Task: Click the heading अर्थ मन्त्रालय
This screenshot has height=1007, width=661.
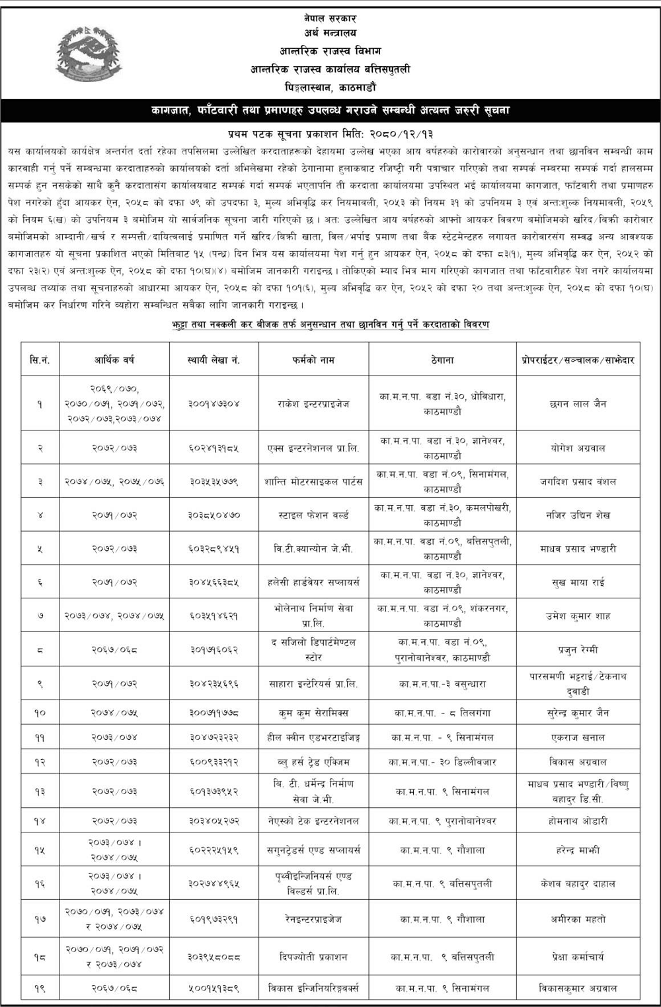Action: click(x=330, y=32)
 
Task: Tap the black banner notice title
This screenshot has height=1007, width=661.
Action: click(x=330, y=110)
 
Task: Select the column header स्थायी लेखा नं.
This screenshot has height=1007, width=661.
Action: click(x=214, y=360)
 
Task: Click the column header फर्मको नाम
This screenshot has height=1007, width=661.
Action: click(x=313, y=360)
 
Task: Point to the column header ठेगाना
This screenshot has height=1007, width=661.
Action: click(x=441, y=360)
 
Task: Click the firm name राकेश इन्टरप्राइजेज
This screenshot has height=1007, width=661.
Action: click(x=313, y=403)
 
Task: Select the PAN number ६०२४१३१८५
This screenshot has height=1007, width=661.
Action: click(x=214, y=448)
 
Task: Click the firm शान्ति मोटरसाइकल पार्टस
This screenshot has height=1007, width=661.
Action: click(x=313, y=481)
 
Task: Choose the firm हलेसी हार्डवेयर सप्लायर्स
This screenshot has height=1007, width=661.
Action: click(x=313, y=583)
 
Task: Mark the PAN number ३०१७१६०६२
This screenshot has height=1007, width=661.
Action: click(x=214, y=649)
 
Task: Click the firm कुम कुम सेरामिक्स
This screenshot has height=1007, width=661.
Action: click(x=313, y=713)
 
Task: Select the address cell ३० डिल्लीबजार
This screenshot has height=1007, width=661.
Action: click(x=442, y=762)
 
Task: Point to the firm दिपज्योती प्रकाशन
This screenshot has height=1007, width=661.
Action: click(x=313, y=957)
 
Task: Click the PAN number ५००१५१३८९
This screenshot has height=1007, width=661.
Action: click(x=214, y=988)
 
